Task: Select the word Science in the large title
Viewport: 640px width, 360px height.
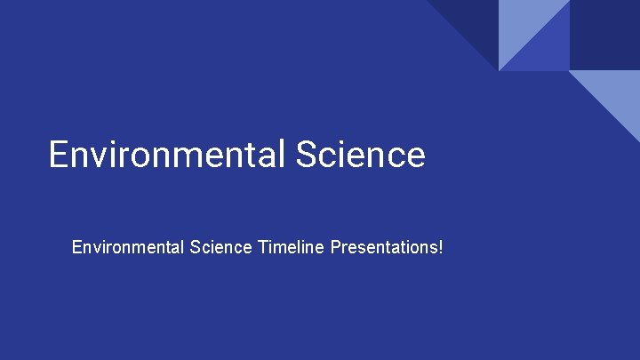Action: pos(361,154)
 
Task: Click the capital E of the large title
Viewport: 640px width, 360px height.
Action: pos(59,154)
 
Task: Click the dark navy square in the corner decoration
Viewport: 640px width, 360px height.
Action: pos(604,34)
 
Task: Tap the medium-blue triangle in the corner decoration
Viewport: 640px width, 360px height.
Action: pos(547,49)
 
